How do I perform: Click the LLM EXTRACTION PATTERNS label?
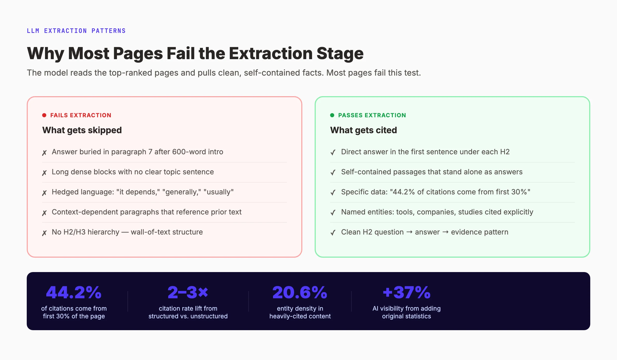[76, 31]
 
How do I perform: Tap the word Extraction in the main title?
[270, 53]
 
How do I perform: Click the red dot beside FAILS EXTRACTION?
[44, 115]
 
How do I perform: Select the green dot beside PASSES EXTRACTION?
[332, 115]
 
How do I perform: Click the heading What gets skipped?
[82, 130]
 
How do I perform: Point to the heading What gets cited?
[363, 130]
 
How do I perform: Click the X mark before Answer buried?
[44, 153]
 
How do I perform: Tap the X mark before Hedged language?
[44, 193]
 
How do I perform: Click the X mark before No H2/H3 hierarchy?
[44, 233]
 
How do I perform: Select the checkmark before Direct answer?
[333, 153]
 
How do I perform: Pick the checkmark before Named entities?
[333, 213]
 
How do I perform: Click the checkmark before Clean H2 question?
[333, 233]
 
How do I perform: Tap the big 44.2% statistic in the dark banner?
[74, 292]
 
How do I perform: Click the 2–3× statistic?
[188, 292]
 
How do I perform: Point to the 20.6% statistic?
[300, 292]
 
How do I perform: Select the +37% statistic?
[406, 292]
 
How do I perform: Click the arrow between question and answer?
[409, 232]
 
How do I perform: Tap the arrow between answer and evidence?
[445, 232]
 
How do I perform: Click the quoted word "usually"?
[219, 192]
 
